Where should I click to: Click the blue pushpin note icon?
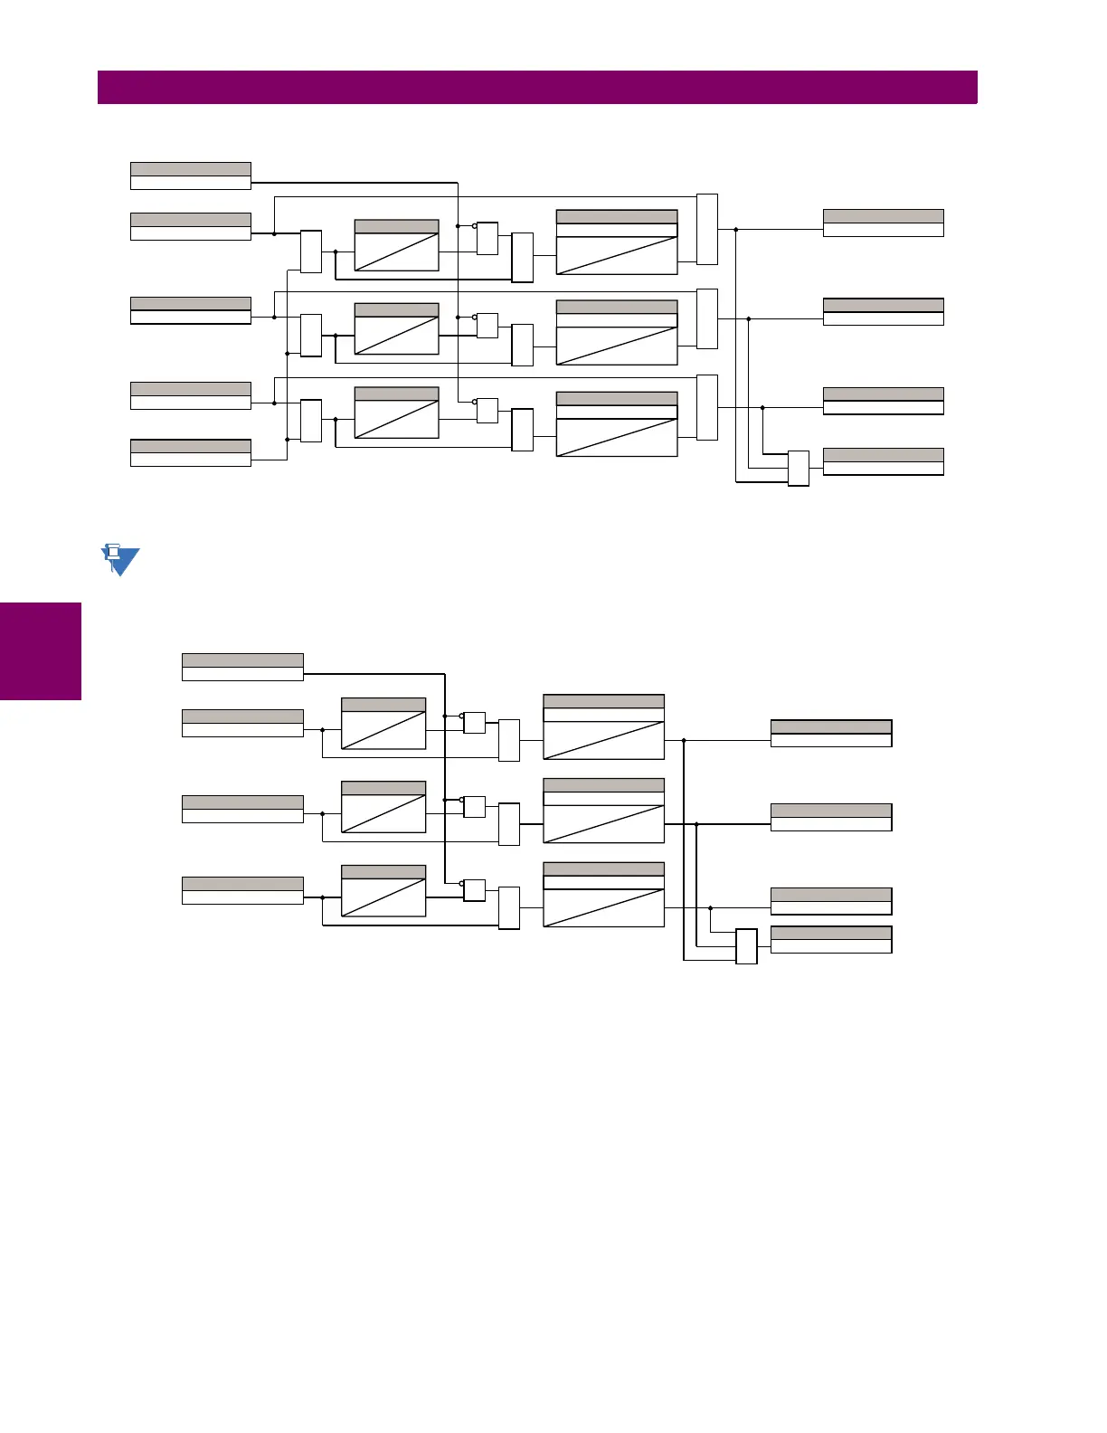[118, 560]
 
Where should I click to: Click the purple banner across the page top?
[537, 88]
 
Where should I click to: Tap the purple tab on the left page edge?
[41, 651]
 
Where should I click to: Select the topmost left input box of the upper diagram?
[191, 176]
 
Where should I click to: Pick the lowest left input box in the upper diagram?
[191, 453]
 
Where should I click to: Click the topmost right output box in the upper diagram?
[883, 223]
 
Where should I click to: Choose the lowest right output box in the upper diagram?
[883, 462]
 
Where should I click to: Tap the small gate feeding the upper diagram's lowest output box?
[798, 469]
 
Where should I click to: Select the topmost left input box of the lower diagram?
[242, 668]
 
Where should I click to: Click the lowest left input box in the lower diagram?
[242, 891]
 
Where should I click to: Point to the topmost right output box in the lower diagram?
[831, 734]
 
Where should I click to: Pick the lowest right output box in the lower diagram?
[831, 940]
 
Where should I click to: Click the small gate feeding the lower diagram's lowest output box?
[746, 946]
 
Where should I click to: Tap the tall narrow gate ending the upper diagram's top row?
[707, 230]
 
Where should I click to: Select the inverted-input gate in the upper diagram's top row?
[487, 239]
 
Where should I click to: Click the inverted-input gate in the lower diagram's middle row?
[475, 807]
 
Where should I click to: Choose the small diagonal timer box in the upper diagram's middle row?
[396, 329]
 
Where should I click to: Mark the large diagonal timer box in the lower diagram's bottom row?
[603, 895]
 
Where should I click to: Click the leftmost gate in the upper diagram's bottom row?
[311, 421]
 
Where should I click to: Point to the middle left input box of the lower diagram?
[242, 810]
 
